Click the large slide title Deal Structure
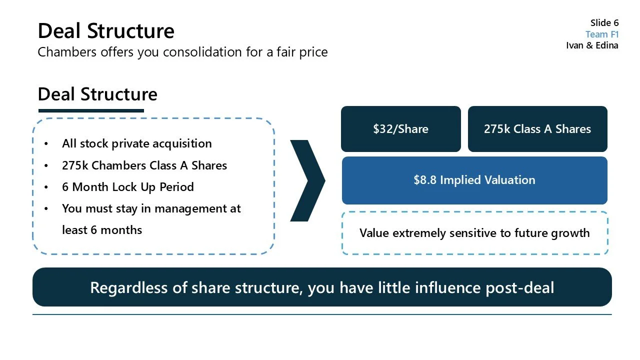click(x=106, y=31)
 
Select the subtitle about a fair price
click(x=182, y=52)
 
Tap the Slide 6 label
click(x=604, y=23)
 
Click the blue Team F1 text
click(x=602, y=34)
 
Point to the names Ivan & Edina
click(x=592, y=45)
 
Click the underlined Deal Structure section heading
click(x=97, y=94)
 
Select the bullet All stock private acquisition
click(x=136, y=144)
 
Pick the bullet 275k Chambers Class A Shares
click(x=144, y=165)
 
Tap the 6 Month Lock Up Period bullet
click(x=127, y=187)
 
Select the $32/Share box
click(x=400, y=129)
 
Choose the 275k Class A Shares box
click(x=537, y=129)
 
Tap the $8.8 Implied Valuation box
click(x=474, y=180)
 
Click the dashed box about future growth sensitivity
click(x=474, y=233)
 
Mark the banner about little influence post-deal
click(x=321, y=287)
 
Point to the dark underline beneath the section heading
click(x=91, y=110)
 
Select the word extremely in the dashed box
click(x=422, y=233)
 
